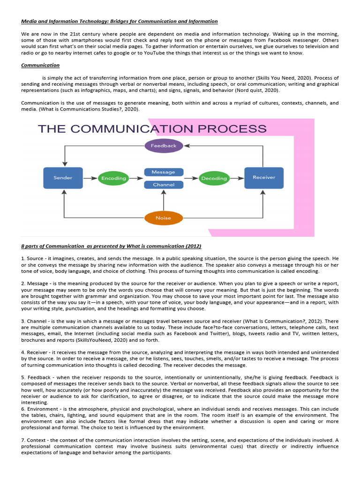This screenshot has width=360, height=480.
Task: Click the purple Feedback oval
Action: tap(164, 146)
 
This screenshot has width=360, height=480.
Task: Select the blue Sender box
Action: tap(63, 178)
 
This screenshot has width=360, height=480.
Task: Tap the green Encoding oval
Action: tap(114, 178)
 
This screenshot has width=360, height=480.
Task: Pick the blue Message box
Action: tap(164, 172)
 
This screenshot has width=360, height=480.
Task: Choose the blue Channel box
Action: tap(164, 185)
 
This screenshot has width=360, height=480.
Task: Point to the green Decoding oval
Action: tap(214, 178)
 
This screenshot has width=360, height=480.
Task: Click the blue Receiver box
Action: tap(264, 178)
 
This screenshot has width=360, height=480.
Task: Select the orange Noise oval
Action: tap(164, 218)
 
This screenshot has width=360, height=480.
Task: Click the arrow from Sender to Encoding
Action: tap(90, 178)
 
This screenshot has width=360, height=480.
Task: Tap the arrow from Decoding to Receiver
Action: tap(237, 178)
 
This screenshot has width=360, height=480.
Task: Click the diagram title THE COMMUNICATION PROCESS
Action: tap(152, 129)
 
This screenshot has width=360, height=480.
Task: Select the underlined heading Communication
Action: tap(41, 65)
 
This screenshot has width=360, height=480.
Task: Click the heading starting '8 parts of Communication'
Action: tap(111, 246)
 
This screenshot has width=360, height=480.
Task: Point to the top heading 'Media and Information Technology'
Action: tap(120, 22)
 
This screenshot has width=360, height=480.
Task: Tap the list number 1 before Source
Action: tap(23, 258)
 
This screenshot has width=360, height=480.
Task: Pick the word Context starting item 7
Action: tap(37, 440)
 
